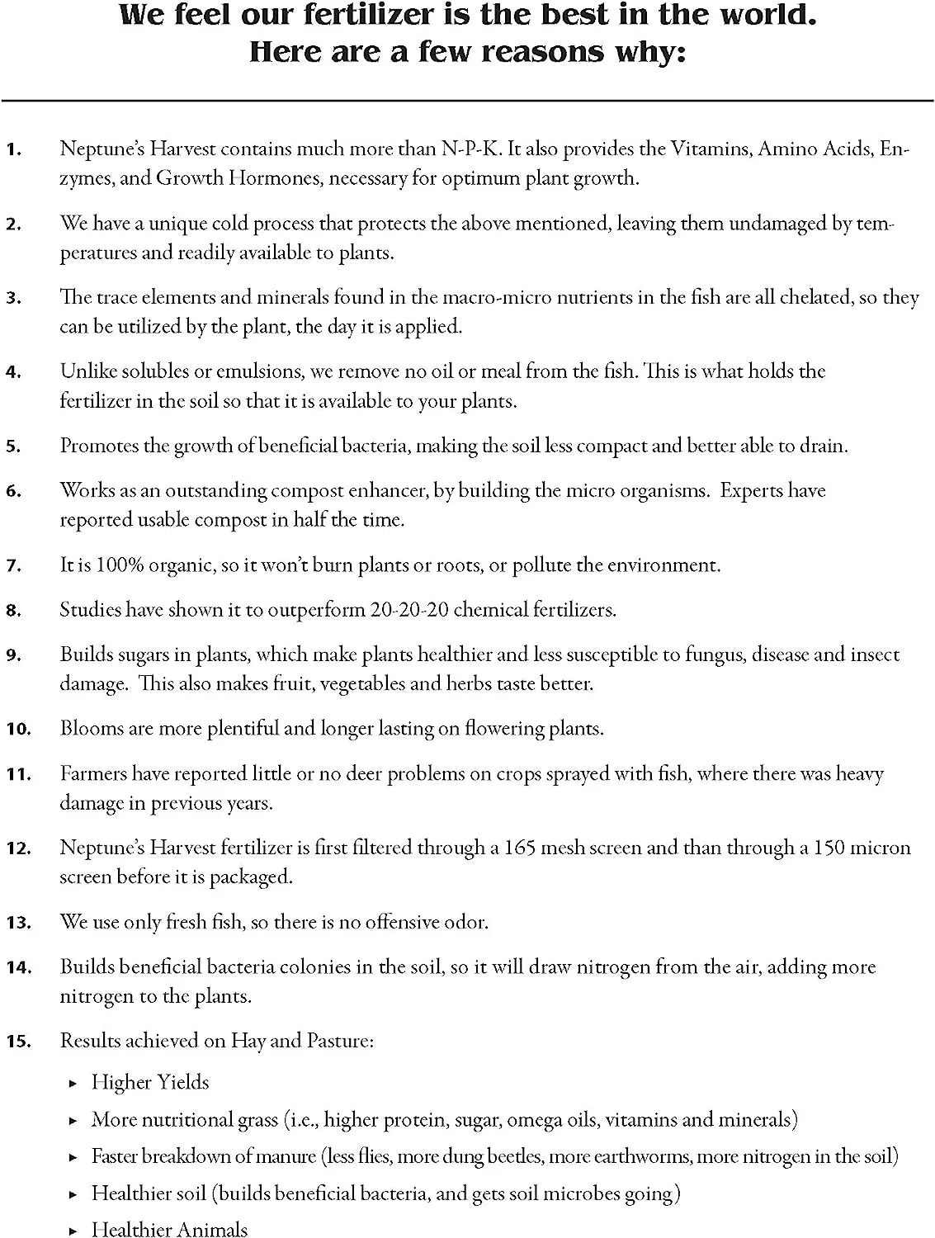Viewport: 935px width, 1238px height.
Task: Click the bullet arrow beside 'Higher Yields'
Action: coord(73,1083)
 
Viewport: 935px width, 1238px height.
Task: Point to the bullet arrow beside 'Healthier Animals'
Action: coord(73,1231)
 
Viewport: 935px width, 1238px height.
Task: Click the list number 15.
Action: coord(17,1042)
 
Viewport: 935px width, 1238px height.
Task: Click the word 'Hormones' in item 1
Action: coord(272,178)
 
